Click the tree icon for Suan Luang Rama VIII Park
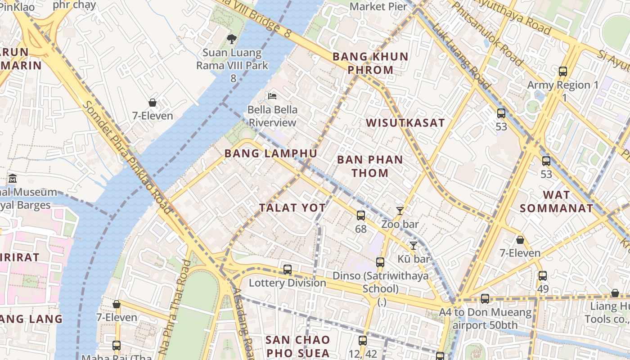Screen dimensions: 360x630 click(x=232, y=39)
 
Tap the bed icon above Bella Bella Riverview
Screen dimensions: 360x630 click(x=272, y=96)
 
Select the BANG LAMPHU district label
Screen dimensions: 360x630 click(x=270, y=153)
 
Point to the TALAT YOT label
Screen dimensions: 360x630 click(x=292, y=207)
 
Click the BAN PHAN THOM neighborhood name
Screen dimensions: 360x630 click(x=370, y=166)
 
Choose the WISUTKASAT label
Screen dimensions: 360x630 click(x=405, y=123)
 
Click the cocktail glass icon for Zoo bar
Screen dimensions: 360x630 click(x=400, y=211)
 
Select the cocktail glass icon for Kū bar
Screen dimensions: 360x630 click(x=413, y=245)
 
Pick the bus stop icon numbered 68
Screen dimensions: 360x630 click(x=361, y=216)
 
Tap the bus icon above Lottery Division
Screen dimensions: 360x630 click(x=288, y=270)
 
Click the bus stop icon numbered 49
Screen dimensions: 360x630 click(x=543, y=276)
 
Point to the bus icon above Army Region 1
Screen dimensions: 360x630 click(x=562, y=72)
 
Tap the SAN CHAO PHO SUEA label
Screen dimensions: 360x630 click(x=297, y=346)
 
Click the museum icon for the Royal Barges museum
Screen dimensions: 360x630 click(x=12, y=178)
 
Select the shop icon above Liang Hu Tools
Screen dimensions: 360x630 click(x=615, y=293)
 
